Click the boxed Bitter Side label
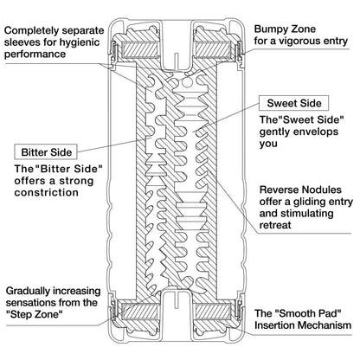[x=46, y=151]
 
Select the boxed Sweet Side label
[x=293, y=103]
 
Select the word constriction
[x=46, y=192]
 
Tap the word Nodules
[x=321, y=190]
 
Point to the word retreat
[x=275, y=225]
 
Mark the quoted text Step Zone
[x=35, y=314]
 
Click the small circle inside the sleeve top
[x=187, y=83]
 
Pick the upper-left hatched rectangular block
[x=140, y=48]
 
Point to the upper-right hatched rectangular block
[x=214, y=48]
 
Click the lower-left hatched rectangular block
[x=140, y=311]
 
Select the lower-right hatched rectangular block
[x=214, y=311]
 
